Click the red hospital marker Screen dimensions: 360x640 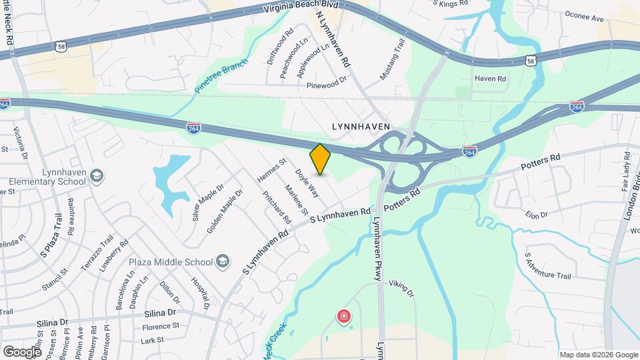[343, 315]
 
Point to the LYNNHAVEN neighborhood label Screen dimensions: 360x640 [361, 126]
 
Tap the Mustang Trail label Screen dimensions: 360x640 [393, 60]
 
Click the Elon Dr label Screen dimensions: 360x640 [536, 215]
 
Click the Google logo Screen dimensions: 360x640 [22, 351]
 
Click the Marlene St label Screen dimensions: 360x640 [296, 199]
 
